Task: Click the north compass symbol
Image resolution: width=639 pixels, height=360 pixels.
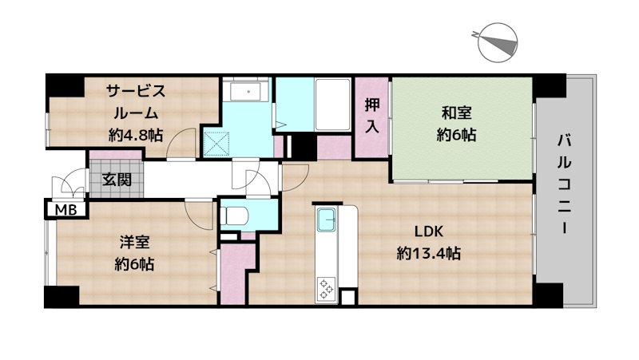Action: click(497, 43)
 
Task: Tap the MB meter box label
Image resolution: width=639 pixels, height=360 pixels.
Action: click(66, 210)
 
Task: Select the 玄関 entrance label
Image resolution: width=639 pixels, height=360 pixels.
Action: click(117, 179)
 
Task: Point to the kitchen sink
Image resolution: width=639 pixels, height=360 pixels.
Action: click(327, 219)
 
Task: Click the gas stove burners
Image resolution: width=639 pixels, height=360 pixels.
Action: click(327, 289)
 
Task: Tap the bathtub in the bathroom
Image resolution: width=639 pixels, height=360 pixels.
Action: click(332, 105)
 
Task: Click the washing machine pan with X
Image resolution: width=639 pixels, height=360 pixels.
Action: click(216, 144)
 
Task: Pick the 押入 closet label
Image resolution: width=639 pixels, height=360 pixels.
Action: click(371, 116)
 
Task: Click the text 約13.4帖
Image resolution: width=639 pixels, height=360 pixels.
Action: click(429, 254)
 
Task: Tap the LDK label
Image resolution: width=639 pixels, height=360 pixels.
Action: click(429, 231)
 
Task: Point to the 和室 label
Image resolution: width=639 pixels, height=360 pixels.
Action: click(456, 113)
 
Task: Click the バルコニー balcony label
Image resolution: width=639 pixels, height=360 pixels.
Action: click(565, 185)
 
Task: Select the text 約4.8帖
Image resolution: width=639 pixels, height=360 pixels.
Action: click(136, 135)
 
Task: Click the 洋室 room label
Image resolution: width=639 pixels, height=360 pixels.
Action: click(134, 243)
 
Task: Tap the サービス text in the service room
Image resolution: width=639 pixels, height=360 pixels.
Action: click(136, 91)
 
